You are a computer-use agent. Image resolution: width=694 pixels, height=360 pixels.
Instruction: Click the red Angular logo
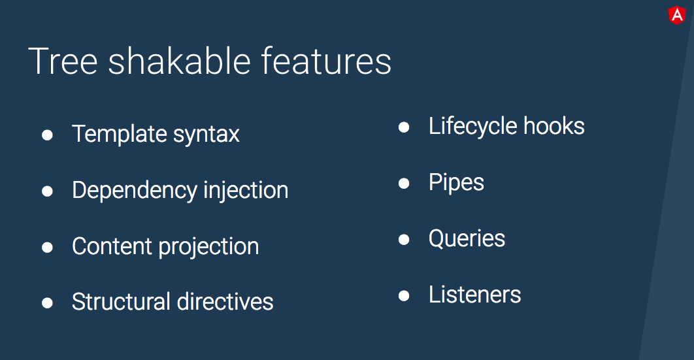click(677, 15)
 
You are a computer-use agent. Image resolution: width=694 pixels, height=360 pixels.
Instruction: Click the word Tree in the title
click(63, 61)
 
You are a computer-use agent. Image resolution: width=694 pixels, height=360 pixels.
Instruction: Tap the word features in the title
click(326, 61)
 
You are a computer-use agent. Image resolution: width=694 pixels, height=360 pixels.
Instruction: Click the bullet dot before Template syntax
click(48, 135)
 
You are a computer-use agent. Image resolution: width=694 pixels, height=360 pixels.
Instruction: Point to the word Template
click(120, 134)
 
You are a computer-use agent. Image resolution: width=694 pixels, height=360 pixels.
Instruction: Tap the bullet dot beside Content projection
click(48, 247)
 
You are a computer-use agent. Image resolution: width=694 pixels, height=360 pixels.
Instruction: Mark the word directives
click(225, 302)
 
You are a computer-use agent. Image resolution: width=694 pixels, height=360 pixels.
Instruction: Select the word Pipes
click(456, 182)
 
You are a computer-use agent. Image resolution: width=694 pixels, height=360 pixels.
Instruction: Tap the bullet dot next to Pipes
click(404, 183)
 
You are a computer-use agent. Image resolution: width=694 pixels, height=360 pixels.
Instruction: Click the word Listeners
click(474, 295)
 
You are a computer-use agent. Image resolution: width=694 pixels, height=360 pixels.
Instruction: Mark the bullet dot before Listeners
click(404, 295)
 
